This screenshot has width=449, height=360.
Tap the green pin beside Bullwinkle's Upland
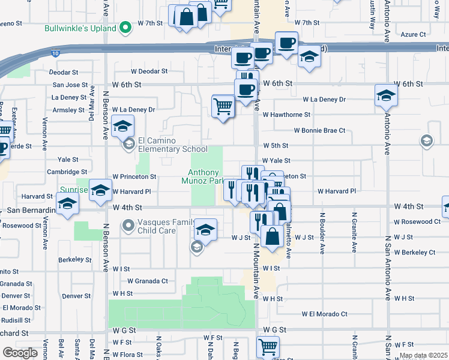coord(125,28)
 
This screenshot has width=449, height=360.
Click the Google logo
coord(20,353)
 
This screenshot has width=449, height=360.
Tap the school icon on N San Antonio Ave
coord(386,95)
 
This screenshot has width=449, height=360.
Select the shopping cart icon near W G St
coord(267,346)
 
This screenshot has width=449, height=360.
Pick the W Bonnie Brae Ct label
coord(319,130)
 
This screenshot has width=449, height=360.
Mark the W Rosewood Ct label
coord(417,221)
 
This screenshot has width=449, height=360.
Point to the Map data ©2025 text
coord(424,355)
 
